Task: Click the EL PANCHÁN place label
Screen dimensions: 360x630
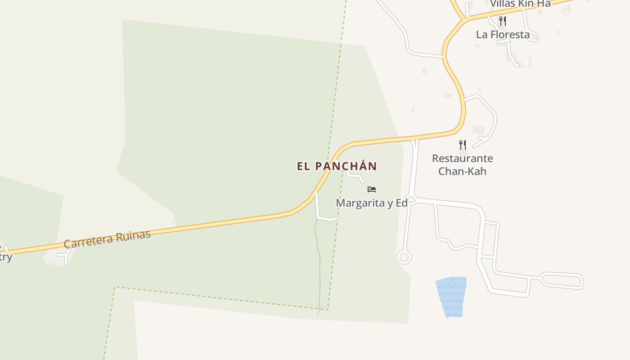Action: pyautogui.click(x=337, y=166)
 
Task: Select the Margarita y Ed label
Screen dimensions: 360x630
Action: pyautogui.click(x=372, y=203)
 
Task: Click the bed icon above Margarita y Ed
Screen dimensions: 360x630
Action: pyautogui.click(x=372, y=189)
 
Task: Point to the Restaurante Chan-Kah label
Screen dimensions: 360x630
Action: pyautogui.click(x=462, y=165)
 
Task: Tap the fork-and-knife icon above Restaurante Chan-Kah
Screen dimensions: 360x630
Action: pyautogui.click(x=462, y=144)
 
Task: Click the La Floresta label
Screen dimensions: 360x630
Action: pyautogui.click(x=503, y=35)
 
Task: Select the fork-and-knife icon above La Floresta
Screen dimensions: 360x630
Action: pyautogui.click(x=503, y=21)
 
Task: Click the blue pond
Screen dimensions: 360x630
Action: pyautogui.click(x=451, y=297)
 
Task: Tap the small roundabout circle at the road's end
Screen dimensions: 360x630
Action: pyautogui.click(x=404, y=257)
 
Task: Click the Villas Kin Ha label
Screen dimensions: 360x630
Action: pyautogui.click(x=520, y=4)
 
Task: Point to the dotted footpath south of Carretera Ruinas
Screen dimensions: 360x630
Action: pyautogui.click(x=319, y=265)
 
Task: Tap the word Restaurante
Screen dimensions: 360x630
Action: pyautogui.click(x=462, y=158)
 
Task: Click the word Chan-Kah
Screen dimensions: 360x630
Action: pyautogui.click(x=462, y=171)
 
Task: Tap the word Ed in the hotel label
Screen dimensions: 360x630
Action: pyautogui.click(x=401, y=203)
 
